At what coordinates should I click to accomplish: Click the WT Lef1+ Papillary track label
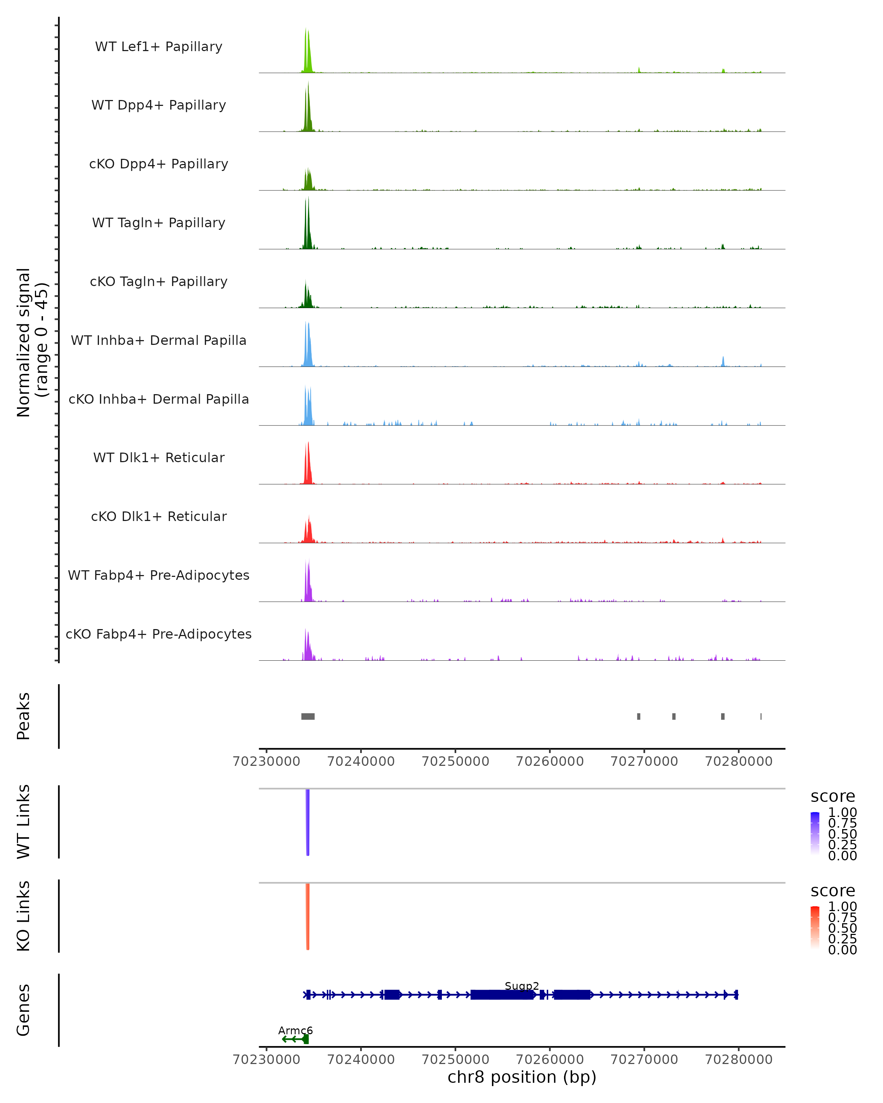click(x=159, y=47)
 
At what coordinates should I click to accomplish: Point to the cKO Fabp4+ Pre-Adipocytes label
click(x=159, y=634)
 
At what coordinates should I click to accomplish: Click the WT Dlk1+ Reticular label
click(x=159, y=457)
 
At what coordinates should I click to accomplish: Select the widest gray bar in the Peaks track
click(x=308, y=716)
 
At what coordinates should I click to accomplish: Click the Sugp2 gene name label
click(x=522, y=986)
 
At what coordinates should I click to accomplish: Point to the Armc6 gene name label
click(x=295, y=1030)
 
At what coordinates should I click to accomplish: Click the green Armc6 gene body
click(x=295, y=1039)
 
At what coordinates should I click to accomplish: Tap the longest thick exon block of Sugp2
click(x=502, y=995)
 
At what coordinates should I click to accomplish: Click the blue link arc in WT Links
click(x=308, y=824)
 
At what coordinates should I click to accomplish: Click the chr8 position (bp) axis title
click(x=522, y=1077)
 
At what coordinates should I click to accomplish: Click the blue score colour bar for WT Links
click(x=815, y=833)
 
